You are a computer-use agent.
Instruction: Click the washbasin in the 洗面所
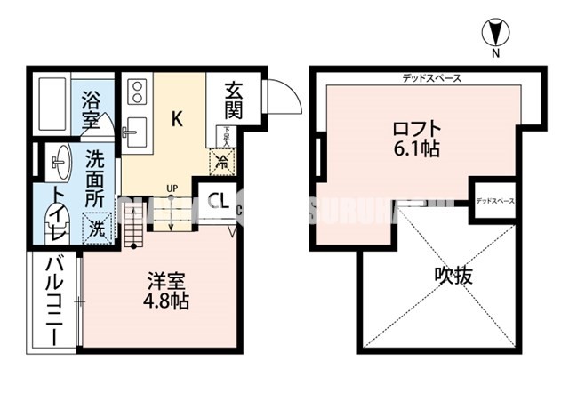click(x=60, y=161)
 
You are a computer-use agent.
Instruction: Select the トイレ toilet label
click(x=57, y=213)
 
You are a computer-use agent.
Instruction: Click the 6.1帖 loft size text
click(x=415, y=149)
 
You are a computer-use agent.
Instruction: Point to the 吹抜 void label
click(x=453, y=275)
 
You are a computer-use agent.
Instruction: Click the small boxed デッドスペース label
click(x=495, y=202)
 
